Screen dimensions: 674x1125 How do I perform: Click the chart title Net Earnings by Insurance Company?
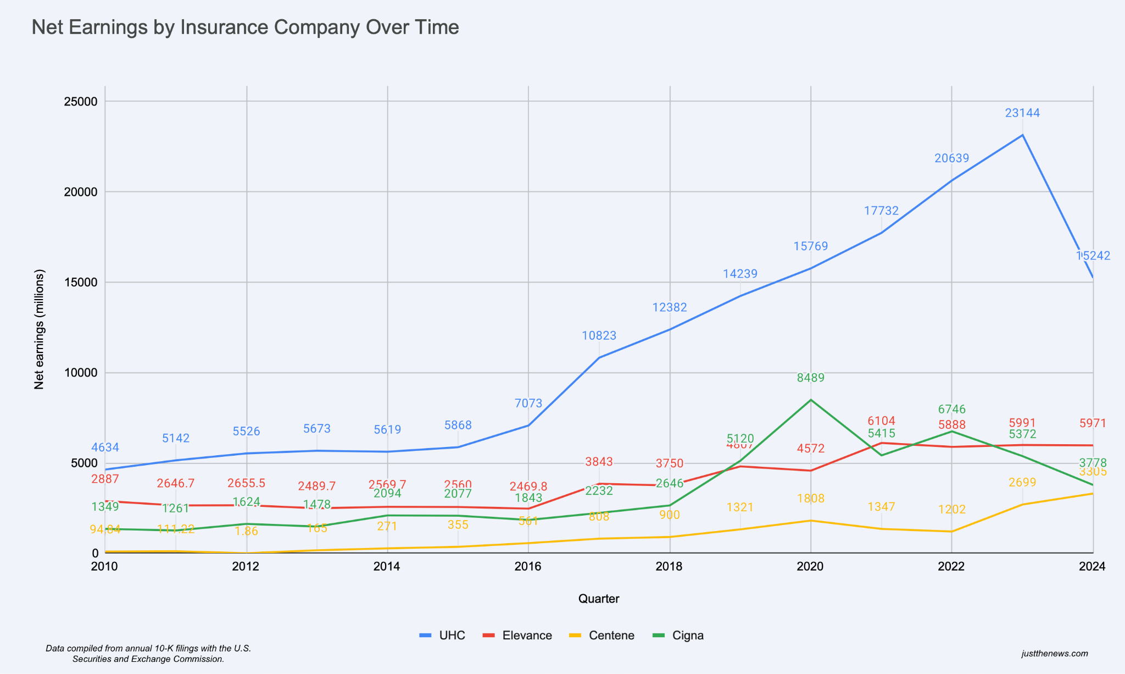pyautogui.click(x=245, y=27)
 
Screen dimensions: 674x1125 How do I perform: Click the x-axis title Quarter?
pyautogui.click(x=599, y=599)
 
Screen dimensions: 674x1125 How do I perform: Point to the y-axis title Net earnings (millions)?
pyautogui.click(x=39, y=329)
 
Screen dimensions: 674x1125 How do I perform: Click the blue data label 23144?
pyautogui.click(x=1022, y=113)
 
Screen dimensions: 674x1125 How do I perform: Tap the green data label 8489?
pyautogui.click(x=811, y=378)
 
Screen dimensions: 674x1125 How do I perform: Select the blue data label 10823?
pyautogui.click(x=599, y=335)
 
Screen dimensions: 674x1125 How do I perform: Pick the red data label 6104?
pyautogui.click(x=881, y=421)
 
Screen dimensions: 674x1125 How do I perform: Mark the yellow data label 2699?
pyautogui.click(x=1022, y=483)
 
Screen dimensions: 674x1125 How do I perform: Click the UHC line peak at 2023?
pyautogui.click(x=1022, y=135)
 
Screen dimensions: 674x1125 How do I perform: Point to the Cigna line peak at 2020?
pyautogui.click(x=811, y=400)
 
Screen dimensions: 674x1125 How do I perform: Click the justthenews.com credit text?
pyautogui.click(x=1055, y=654)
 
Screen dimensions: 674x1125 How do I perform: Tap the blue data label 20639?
pyautogui.click(x=951, y=158)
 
